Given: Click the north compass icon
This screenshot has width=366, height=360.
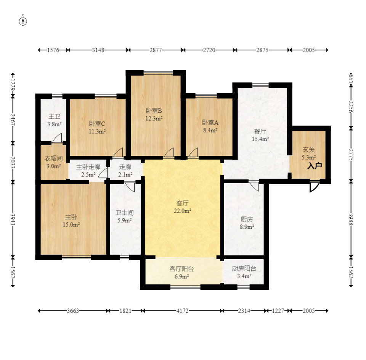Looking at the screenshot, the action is pyautogui.click(x=23, y=21).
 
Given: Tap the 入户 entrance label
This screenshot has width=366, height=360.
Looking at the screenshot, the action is pyautogui.click(x=315, y=166).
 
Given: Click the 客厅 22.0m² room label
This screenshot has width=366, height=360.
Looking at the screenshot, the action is pyautogui.click(x=182, y=207).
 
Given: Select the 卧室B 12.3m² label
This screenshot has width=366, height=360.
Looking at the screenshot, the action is pyautogui.click(x=154, y=114).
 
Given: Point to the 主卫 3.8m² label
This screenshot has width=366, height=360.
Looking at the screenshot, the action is pyautogui.click(x=55, y=120).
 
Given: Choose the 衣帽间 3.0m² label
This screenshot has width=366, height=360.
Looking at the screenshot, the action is pyautogui.click(x=53, y=162).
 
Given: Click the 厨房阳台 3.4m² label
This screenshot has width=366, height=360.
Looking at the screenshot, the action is pyautogui.click(x=244, y=272).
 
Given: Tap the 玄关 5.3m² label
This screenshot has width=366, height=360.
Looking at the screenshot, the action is pyautogui.click(x=308, y=153).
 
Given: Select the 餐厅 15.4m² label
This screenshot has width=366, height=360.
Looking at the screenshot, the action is pyautogui.click(x=260, y=135).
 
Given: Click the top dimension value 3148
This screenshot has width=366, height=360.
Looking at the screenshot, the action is pyautogui.click(x=98, y=50).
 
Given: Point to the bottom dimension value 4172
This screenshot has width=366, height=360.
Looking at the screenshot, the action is pyautogui.click(x=182, y=311).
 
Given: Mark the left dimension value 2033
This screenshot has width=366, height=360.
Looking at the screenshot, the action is pyautogui.click(x=13, y=162).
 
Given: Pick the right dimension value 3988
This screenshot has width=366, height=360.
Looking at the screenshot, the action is pyautogui.click(x=351, y=219).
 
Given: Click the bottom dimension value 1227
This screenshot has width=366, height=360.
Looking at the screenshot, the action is pyautogui.click(x=278, y=311).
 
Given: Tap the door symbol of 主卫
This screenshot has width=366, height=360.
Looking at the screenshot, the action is pyautogui.click(x=58, y=138).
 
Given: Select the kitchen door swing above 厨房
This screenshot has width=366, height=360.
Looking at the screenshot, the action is pyautogui.click(x=254, y=186).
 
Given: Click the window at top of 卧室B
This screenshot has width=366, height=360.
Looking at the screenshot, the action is pyautogui.click(x=158, y=73).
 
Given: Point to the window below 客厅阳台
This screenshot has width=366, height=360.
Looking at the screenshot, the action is pyautogui.click(x=185, y=287).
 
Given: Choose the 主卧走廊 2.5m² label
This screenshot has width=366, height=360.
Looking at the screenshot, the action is pyautogui.click(x=88, y=171).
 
